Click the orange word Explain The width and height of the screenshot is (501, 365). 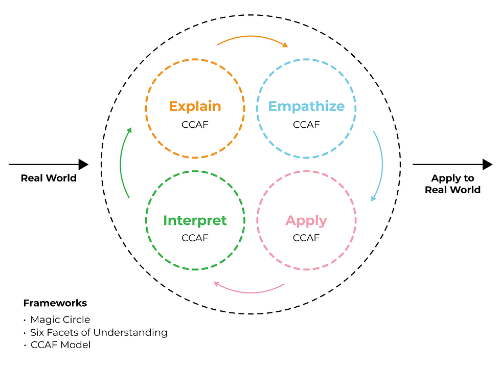tap(195, 106)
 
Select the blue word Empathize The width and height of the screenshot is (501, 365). tap(306, 106)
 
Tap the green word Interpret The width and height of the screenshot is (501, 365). tap(195, 220)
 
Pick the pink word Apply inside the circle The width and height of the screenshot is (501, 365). tap(306, 220)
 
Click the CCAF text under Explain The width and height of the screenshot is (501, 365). tap(195, 125)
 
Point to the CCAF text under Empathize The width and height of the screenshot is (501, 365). tap(306, 125)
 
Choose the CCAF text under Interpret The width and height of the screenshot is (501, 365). tap(195, 238)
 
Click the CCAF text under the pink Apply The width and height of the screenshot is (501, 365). tap(306, 238)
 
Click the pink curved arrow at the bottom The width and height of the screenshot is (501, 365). tap(248, 291)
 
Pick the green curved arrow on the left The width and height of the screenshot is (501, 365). tap(122, 163)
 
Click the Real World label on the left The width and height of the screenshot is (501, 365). tap(49, 178)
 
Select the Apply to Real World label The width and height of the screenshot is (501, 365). tap(452, 184)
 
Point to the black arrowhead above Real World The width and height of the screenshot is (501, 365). tap(83, 165)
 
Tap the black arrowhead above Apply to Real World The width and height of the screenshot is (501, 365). tap(487, 165)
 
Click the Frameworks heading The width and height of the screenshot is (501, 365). tap(55, 303)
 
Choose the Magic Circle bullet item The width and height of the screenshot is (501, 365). tap(60, 320)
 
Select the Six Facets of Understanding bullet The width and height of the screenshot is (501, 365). tap(99, 332)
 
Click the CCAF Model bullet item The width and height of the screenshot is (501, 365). tap(60, 345)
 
